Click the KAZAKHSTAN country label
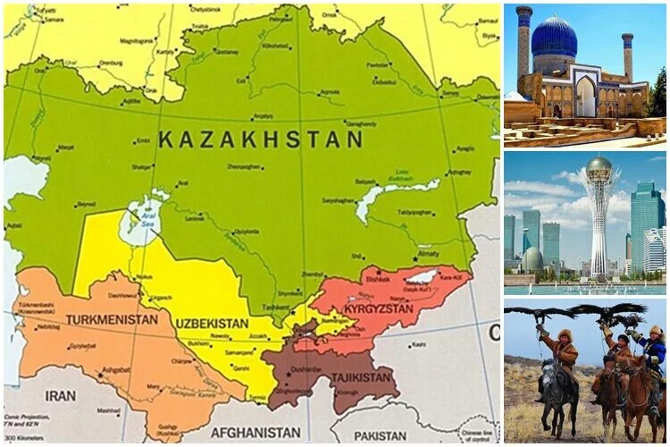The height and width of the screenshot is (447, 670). click(260, 139)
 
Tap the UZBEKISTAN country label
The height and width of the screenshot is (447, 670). click(212, 322)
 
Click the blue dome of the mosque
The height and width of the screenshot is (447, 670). click(554, 38)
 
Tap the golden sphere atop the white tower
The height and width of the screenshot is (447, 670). click(599, 165)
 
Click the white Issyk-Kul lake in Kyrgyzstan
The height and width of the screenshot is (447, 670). click(421, 278)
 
